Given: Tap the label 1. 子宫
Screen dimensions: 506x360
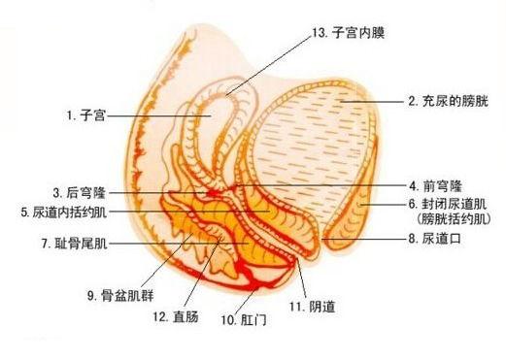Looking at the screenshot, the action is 85,115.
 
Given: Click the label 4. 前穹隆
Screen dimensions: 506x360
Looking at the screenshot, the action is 437,184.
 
